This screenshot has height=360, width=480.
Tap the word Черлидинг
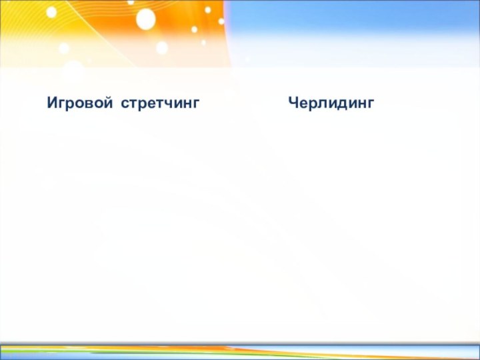[x=331, y=104]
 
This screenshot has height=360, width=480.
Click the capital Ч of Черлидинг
[x=293, y=104]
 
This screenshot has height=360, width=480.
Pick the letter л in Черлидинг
[x=321, y=104]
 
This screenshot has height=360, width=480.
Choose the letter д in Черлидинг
[x=341, y=104]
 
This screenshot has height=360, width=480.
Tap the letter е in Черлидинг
[x=303, y=104]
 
